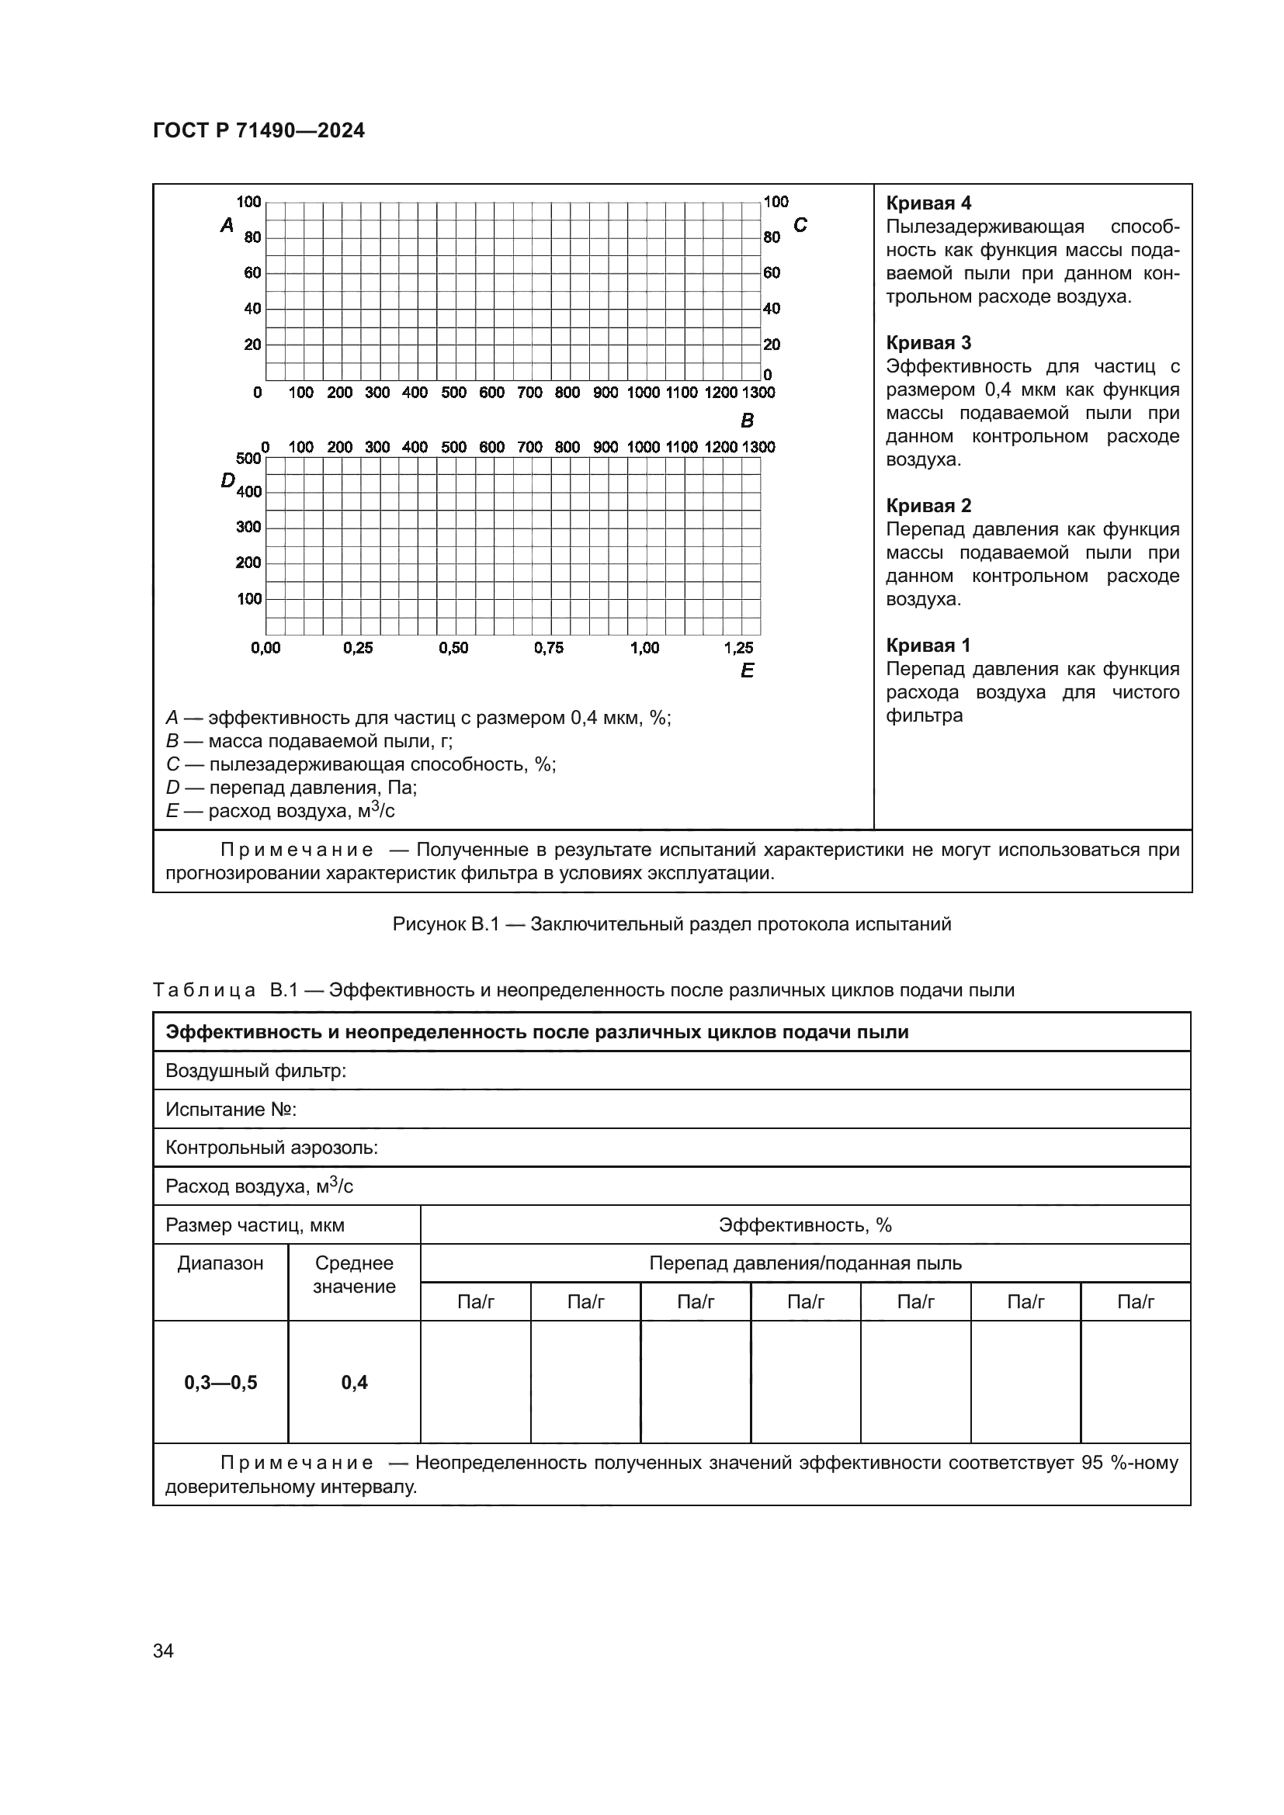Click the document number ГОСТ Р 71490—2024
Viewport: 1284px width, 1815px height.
pyautogui.click(x=259, y=131)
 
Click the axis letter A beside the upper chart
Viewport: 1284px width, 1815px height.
pyautogui.click(x=227, y=226)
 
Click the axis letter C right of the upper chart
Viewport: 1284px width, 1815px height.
pyautogui.click(x=800, y=226)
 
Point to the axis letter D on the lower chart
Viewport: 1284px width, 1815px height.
pyautogui.click(x=227, y=480)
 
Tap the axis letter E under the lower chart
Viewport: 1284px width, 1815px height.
pyautogui.click(x=747, y=671)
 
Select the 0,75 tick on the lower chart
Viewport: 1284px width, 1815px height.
pyautogui.click(x=549, y=648)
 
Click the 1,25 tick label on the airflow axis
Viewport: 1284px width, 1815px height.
pyautogui.click(x=738, y=648)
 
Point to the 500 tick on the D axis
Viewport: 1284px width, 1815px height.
pyautogui.click(x=248, y=459)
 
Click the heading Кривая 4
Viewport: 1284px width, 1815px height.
pyautogui.click(x=928, y=204)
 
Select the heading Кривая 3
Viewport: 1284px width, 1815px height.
pyautogui.click(x=928, y=343)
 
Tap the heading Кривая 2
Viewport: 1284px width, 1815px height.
pyautogui.click(x=928, y=506)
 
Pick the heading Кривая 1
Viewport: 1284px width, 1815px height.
pyautogui.click(x=928, y=646)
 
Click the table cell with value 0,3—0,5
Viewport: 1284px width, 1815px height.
pyautogui.click(x=220, y=1383)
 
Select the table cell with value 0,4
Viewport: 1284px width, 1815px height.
pyautogui.click(x=354, y=1383)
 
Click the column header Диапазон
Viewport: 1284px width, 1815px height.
pyautogui.click(x=220, y=1263)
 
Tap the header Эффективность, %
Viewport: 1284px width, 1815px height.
pyautogui.click(x=805, y=1225)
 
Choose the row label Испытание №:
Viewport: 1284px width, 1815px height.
pyautogui.click(x=231, y=1110)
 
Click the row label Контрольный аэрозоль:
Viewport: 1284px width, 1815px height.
pyautogui.click(x=271, y=1148)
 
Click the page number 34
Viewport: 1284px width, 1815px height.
pyautogui.click(x=164, y=1650)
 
